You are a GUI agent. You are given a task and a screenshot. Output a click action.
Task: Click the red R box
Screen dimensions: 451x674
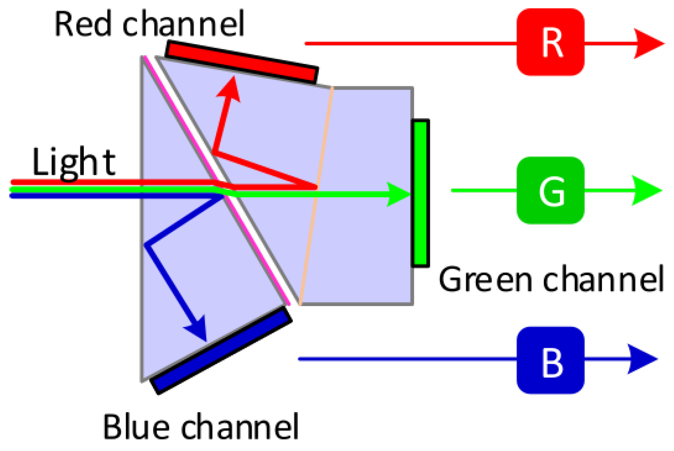[550, 42]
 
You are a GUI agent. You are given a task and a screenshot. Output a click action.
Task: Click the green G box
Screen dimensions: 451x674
[550, 190]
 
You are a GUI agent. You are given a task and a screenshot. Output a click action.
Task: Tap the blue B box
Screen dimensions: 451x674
[550, 360]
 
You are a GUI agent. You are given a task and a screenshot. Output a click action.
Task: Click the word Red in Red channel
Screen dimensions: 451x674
[83, 24]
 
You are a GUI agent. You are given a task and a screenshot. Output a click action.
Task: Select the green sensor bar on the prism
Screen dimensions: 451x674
[420, 193]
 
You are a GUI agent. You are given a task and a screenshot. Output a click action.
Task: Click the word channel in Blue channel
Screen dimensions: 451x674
[239, 427]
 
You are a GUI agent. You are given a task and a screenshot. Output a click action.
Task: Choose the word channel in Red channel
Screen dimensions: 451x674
[183, 24]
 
